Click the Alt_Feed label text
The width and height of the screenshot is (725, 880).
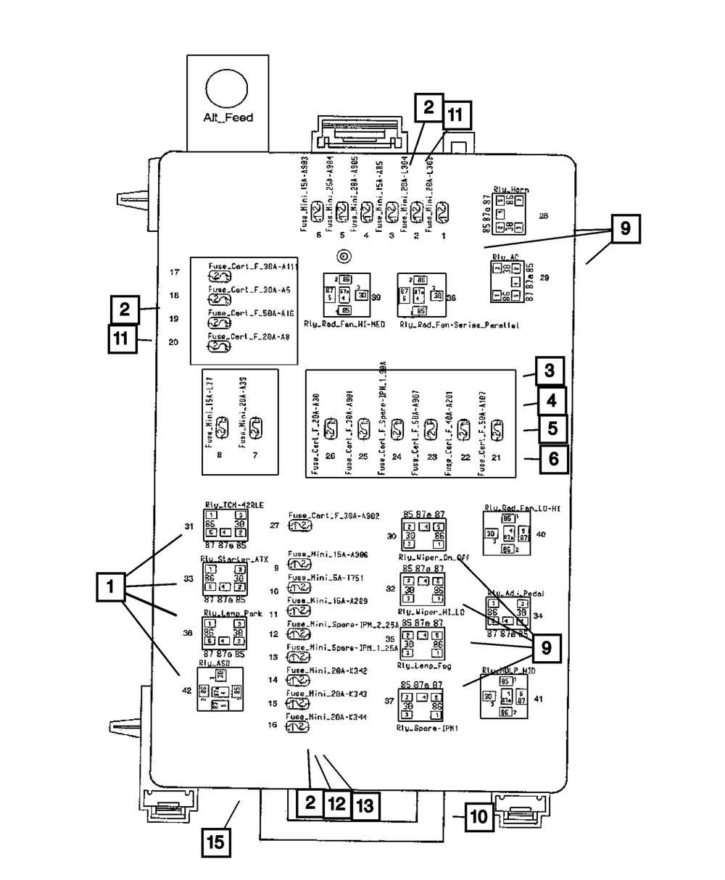228,117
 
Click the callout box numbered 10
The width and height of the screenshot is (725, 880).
478,818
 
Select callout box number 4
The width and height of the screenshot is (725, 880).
552,400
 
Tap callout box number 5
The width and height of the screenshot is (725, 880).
552,428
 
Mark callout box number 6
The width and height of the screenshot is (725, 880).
552,458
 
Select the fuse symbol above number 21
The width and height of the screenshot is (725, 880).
497,430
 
